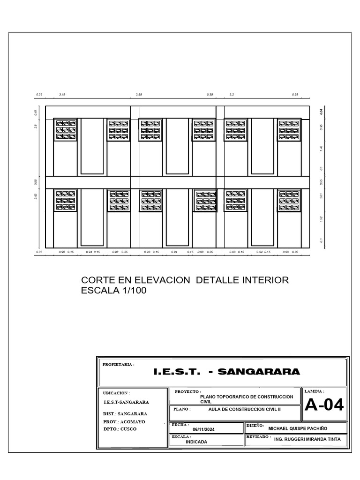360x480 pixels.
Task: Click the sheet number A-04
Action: point(324,405)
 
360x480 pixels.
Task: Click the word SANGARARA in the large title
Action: point(259,372)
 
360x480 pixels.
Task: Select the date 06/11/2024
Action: point(204,429)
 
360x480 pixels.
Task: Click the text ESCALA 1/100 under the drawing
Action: point(114,291)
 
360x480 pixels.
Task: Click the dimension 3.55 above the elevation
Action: point(139,95)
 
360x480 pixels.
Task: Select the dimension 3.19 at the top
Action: point(62,95)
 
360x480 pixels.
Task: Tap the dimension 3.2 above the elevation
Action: point(232,95)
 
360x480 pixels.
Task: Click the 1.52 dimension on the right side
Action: point(322,218)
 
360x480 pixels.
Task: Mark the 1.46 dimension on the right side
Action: point(322,148)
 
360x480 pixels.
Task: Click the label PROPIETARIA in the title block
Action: point(118,364)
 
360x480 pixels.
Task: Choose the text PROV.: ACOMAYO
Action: point(124,421)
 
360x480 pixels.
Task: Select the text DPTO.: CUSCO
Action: point(120,428)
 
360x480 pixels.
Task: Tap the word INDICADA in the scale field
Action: point(196,442)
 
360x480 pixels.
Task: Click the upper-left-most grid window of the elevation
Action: point(66,130)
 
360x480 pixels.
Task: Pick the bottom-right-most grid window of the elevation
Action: point(289,200)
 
